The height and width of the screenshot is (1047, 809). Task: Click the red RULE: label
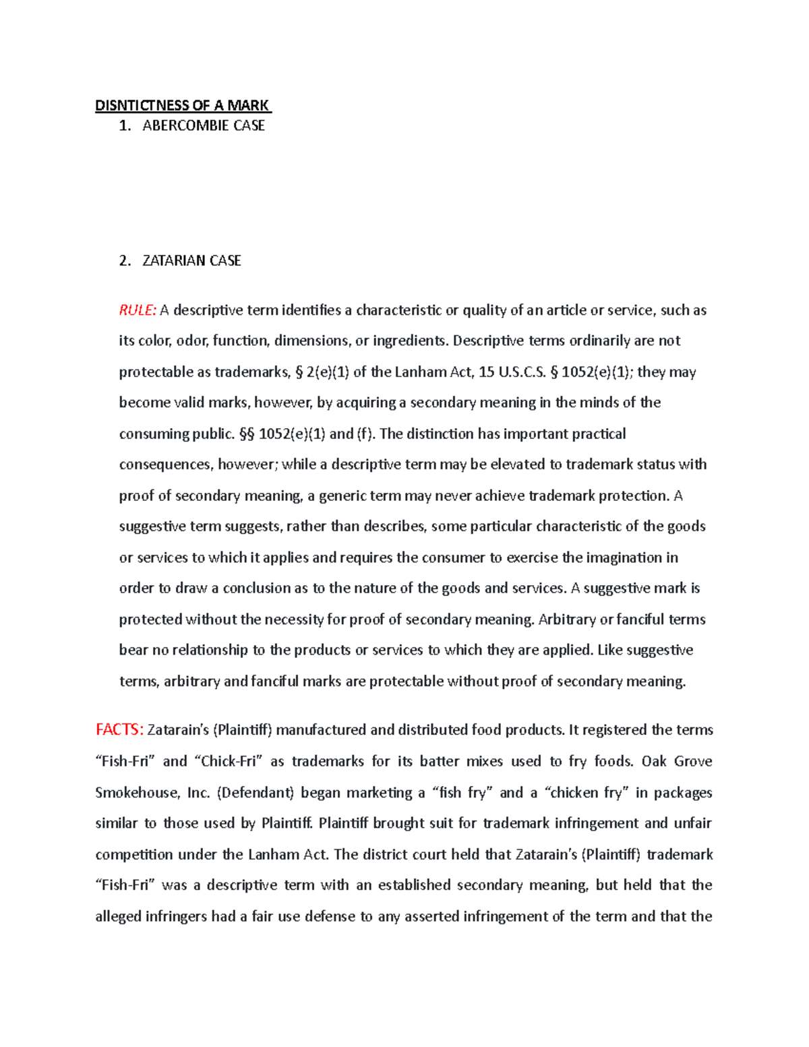(x=138, y=310)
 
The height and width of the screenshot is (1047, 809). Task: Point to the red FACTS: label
(x=119, y=729)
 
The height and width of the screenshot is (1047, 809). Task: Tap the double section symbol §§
(x=247, y=434)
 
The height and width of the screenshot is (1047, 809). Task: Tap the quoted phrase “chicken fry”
(x=585, y=793)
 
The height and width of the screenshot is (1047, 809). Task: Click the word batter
(x=440, y=761)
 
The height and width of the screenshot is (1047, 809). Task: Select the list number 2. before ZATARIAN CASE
(x=125, y=261)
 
